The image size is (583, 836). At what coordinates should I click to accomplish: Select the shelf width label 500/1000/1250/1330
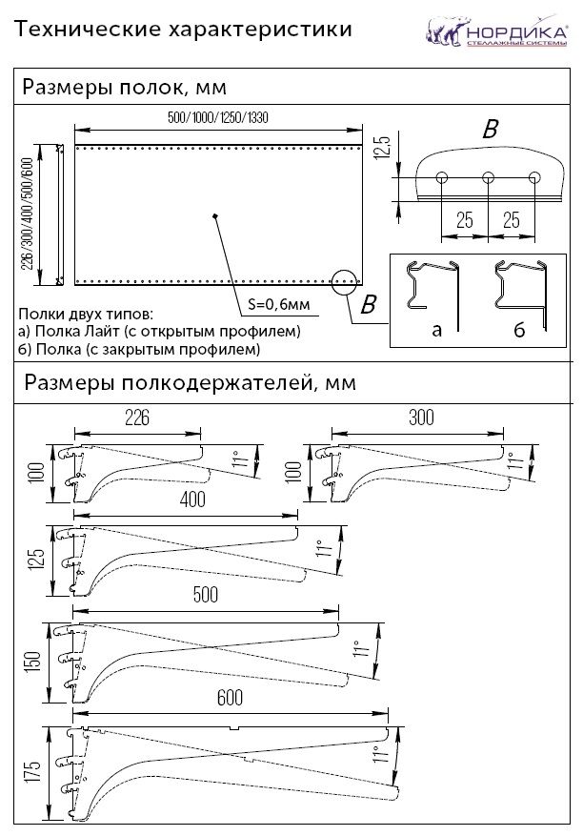click(x=217, y=117)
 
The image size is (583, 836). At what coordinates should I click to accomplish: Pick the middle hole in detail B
click(x=488, y=176)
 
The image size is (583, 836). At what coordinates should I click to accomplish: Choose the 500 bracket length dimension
click(x=205, y=594)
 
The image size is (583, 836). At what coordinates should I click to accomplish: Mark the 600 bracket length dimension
click(x=230, y=697)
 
